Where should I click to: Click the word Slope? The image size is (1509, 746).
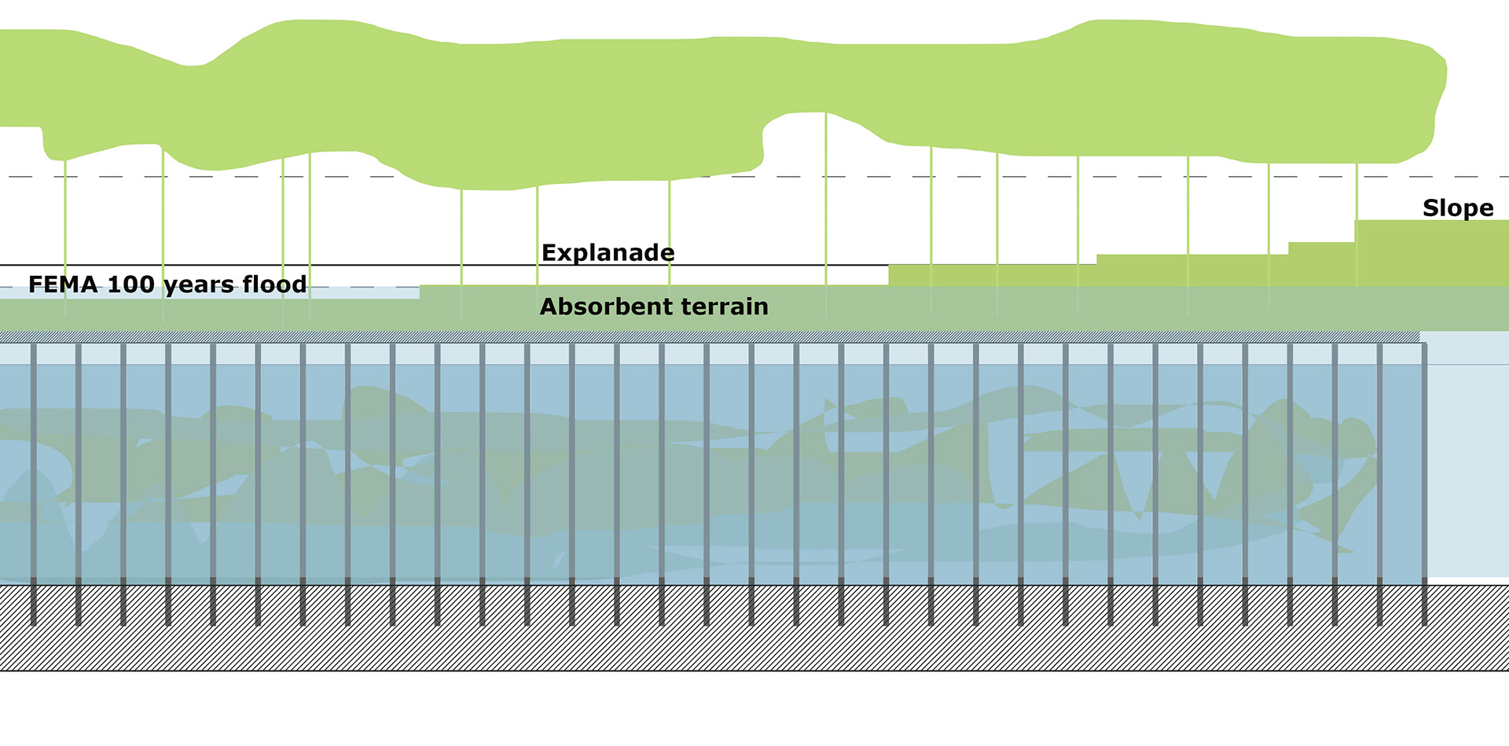(1458, 208)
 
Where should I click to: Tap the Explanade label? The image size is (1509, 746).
(608, 253)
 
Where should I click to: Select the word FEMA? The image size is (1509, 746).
(64, 285)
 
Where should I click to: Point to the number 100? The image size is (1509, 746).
(130, 285)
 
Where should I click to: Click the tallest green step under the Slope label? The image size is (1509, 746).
(1430, 252)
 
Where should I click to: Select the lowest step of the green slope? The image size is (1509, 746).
(990, 276)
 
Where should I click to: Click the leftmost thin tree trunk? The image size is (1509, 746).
(65, 236)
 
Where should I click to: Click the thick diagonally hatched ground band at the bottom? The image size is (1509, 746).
(754, 629)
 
